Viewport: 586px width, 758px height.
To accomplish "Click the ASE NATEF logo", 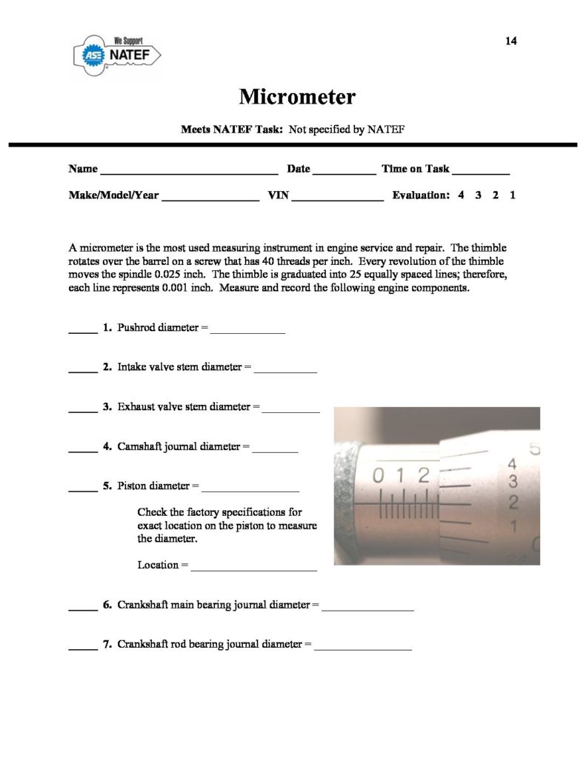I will (119, 54).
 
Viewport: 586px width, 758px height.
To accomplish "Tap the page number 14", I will (510, 41).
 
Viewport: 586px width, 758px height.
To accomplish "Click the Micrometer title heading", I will (297, 97).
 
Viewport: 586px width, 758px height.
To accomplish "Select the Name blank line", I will (189, 172).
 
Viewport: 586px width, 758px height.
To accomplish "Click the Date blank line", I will (344, 172).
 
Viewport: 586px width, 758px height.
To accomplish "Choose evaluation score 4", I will (461, 196).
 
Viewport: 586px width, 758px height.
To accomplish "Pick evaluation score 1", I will (512, 196).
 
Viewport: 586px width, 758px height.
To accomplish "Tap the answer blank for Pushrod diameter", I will (248, 332).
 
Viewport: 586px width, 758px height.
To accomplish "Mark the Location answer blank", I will (254, 569).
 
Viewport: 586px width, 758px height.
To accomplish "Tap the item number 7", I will (107, 645).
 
